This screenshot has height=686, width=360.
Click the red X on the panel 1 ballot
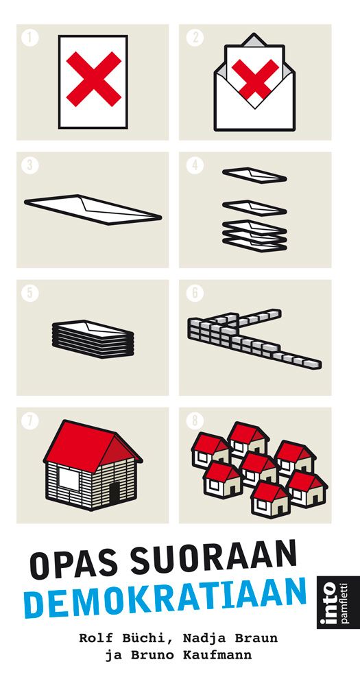94,79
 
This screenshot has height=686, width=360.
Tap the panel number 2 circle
195,37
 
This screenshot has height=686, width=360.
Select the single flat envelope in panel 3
93,209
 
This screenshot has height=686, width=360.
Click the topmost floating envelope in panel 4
254,176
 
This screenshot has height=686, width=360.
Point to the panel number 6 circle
195,293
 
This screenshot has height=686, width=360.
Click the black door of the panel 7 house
115,493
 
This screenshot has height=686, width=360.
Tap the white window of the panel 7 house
69,479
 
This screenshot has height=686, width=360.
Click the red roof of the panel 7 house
93,445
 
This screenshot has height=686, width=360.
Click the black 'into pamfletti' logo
332,602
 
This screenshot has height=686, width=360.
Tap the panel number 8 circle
195,421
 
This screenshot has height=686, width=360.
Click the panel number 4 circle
195,165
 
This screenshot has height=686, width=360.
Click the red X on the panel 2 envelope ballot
255,78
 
